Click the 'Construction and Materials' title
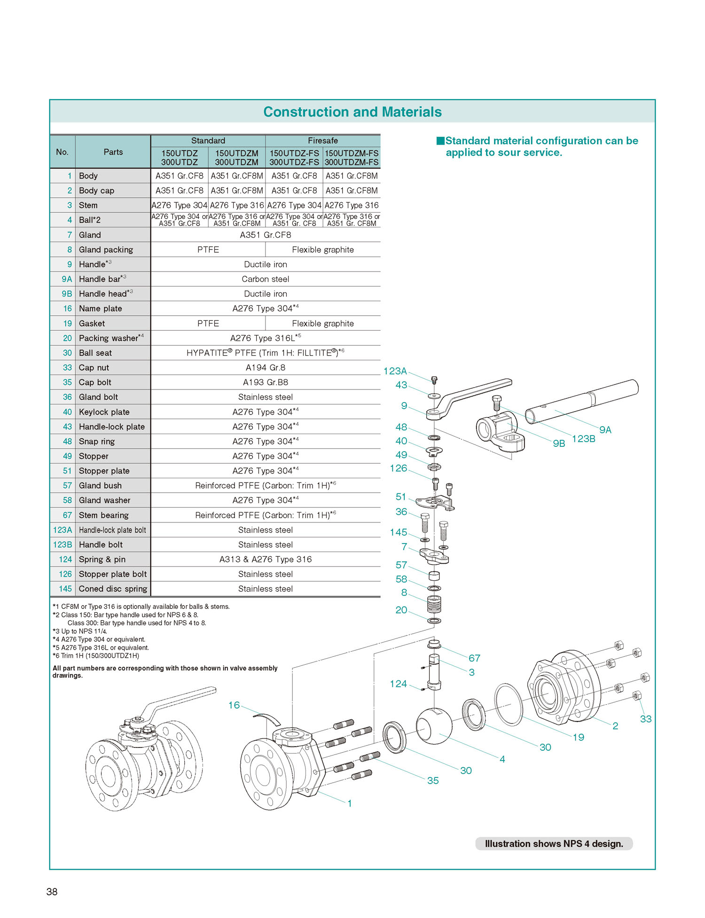tap(352, 112)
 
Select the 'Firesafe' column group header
tap(322, 140)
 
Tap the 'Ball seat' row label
tap(95, 353)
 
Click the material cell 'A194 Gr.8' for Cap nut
tap(265, 367)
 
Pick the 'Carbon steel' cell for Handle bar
tap(265, 279)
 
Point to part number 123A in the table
tap(63, 530)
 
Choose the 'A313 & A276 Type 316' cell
tap(265, 559)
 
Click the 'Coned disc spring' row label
tap(113, 589)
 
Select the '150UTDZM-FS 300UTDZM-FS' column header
tap(352, 158)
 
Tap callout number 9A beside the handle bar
tap(605, 430)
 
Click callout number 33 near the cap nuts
tap(646, 719)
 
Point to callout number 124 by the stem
tap(398, 684)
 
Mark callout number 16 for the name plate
tap(234, 705)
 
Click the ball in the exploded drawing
tap(434, 726)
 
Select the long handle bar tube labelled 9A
tap(583, 402)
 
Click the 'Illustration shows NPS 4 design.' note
tap(554, 843)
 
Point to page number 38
tap(52, 892)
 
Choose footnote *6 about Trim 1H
tap(96, 656)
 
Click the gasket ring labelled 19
tap(509, 705)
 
